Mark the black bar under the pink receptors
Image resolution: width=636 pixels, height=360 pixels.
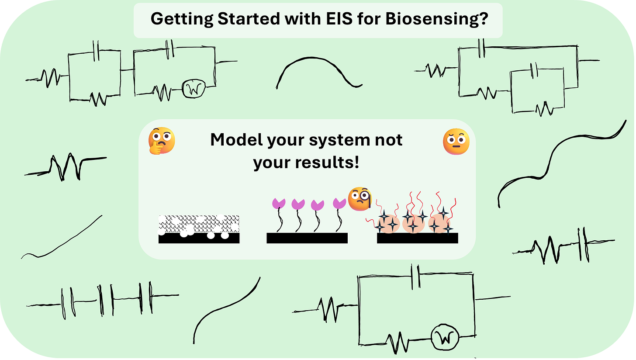tap(307, 238)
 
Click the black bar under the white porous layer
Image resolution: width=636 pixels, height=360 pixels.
tap(199, 238)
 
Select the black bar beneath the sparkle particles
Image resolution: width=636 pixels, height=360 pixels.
tap(417, 238)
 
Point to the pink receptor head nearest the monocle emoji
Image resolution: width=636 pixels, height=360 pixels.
tap(339, 203)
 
